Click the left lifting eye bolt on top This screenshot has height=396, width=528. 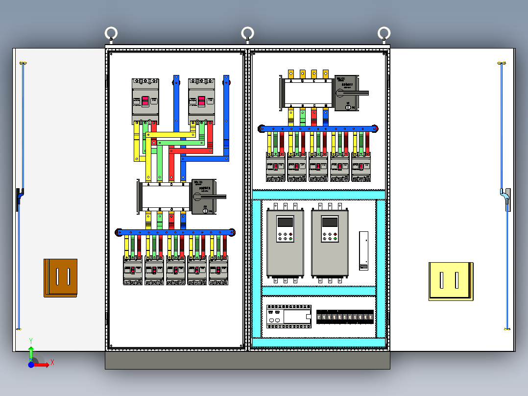111,34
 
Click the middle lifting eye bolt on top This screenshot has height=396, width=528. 247,34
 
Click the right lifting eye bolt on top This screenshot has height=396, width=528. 384,34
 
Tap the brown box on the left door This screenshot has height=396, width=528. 61,277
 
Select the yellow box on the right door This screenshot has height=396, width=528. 451,281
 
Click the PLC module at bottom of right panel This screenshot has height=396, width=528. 288,317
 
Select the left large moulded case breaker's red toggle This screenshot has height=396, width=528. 145,101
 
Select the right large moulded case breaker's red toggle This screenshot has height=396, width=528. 202,101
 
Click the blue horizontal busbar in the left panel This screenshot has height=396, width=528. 175,232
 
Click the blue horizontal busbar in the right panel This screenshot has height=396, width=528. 318,128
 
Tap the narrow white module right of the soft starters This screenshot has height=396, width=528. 363,250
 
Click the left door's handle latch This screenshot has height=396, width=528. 19,199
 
